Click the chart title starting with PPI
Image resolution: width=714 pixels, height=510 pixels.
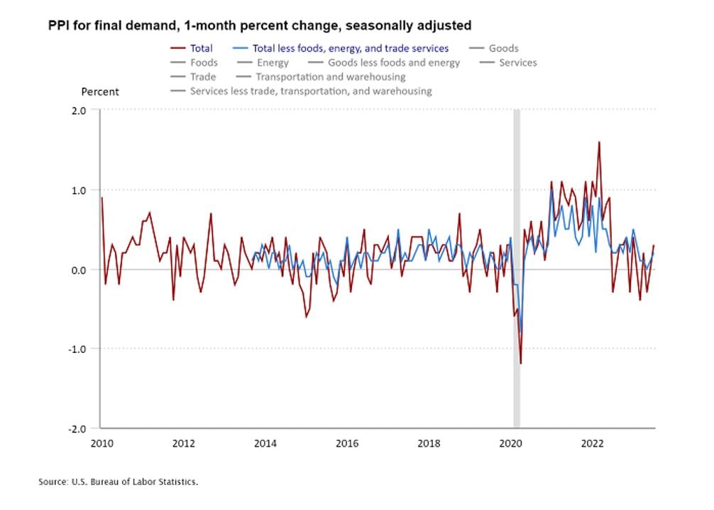tap(260, 26)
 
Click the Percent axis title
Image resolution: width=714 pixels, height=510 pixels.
tap(100, 92)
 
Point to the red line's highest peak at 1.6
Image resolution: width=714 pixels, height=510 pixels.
tap(599, 142)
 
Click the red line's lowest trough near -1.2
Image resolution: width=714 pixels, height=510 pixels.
tap(520, 364)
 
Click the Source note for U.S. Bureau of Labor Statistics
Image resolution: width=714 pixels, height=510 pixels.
tap(118, 482)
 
